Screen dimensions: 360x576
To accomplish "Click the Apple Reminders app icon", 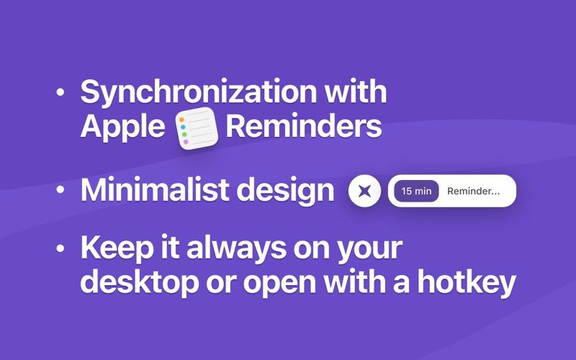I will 197,127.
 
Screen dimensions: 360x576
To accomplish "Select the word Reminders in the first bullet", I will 303,127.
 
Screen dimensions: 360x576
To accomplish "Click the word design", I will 291,191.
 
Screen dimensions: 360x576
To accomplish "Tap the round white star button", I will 364,192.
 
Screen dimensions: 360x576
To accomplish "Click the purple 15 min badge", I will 417,192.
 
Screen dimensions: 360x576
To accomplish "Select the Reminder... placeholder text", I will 472,192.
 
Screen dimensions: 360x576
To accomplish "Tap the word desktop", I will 132,283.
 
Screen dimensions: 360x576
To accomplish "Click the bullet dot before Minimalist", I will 60,191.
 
